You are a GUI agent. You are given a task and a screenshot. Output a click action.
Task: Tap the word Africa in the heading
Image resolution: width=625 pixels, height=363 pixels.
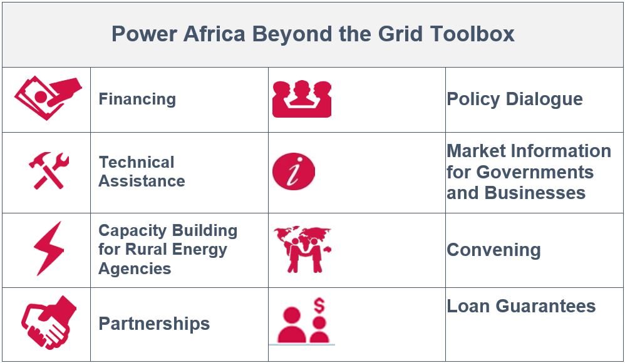click(214, 33)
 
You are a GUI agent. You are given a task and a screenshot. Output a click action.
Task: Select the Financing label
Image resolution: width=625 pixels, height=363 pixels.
click(137, 100)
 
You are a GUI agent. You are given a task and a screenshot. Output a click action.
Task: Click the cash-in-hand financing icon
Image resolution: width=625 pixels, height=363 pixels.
click(48, 98)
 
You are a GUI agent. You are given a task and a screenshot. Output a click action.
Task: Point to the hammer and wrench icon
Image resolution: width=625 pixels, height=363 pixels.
click(49, 170)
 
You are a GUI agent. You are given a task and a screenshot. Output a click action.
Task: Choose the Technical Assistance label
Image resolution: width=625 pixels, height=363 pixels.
click(142, 171)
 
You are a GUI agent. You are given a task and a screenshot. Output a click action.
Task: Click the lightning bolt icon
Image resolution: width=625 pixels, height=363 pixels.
click(49, 248)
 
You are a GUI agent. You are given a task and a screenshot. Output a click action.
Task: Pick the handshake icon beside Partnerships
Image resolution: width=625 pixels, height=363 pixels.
click(49, 323)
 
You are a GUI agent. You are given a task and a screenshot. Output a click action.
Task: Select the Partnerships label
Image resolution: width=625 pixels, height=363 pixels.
click(154, 324)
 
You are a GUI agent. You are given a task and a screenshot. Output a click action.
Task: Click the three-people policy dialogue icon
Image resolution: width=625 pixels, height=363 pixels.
click(302, 99)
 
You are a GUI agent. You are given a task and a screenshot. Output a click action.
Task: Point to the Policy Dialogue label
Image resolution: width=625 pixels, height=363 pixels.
click(515, 100)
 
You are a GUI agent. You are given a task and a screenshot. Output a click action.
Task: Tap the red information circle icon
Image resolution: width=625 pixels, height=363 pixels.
click(294, 171)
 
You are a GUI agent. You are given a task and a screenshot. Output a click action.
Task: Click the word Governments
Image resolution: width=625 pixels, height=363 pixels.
click(535, 172)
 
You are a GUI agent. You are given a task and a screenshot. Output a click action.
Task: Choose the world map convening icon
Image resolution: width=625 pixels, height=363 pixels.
click(302, 250)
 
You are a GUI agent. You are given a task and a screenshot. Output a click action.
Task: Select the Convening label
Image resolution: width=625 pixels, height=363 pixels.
click(493, 250)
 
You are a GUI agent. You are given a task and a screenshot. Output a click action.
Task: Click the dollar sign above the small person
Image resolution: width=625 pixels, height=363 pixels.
click(319, 305)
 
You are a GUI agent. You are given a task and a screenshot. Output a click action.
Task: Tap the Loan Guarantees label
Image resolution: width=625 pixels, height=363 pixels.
click(521, 307)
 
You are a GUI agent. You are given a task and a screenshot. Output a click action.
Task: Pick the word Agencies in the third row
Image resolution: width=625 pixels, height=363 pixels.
click(135, 269)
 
